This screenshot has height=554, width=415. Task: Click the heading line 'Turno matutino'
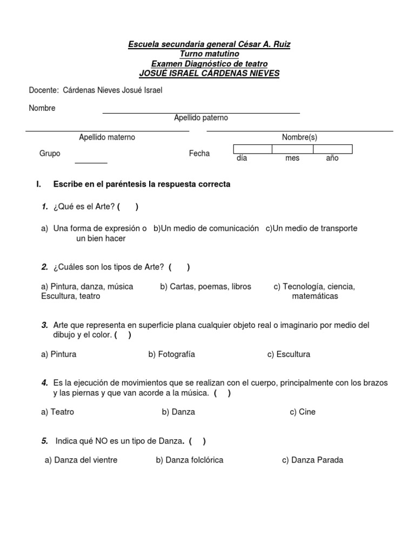pyautogui.click(x=209, y=54)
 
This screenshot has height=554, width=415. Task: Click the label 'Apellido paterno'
pyautogui.click(x=201, y=118)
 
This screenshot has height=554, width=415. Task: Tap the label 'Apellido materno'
pyautogui.click(x=107, y=137)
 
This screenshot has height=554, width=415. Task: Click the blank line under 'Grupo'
pyautogui.click(x=91, y=161)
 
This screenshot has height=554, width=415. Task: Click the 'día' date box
pyautogui.click(x=252, y=149)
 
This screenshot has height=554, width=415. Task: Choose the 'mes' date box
pyautogui.click(x=292, y=149)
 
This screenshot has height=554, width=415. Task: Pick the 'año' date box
pyautogui.click(x=332, y=149)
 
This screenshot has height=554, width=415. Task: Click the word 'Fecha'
pyautogui.click(x=199, y=154)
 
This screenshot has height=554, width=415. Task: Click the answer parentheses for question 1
pyautogui.click(x=128, y=207)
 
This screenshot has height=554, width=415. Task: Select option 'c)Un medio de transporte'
pyautogui.click(x=311, y=228)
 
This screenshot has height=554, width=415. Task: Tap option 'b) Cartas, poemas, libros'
pyautogui.click(x=205, y=287)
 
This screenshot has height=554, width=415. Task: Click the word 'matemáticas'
pyautogui.click(x=315, y=296)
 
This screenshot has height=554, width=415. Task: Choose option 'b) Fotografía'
pyautogui.click(x=171, y=354)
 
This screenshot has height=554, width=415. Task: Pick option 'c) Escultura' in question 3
pyautogui.click(x=289, y=354)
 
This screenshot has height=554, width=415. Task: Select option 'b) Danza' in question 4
pyautogui.click(x=178, y=412)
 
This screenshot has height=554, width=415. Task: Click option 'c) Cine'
pyautogui.click(x=302, y=412)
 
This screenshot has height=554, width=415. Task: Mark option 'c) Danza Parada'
pyautogui.click(x=312, y=460)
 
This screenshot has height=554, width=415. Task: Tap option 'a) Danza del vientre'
pyautogui.click(x=81, y=460)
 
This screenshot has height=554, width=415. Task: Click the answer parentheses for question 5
pyautogui.click(x=197, y=441)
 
